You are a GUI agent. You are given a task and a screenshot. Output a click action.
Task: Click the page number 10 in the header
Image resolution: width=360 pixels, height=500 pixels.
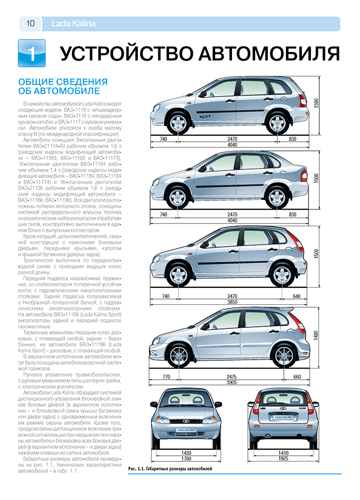point(30,24)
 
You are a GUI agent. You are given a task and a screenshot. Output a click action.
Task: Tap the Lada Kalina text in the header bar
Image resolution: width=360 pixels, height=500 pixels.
point(74,24)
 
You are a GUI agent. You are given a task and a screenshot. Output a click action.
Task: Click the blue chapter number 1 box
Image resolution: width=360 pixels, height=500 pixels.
point(31,53)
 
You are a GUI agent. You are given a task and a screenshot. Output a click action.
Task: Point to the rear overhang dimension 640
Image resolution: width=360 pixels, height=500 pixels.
point(297,297)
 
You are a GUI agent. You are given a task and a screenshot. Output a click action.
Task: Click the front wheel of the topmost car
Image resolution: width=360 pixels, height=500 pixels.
point(178,123)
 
